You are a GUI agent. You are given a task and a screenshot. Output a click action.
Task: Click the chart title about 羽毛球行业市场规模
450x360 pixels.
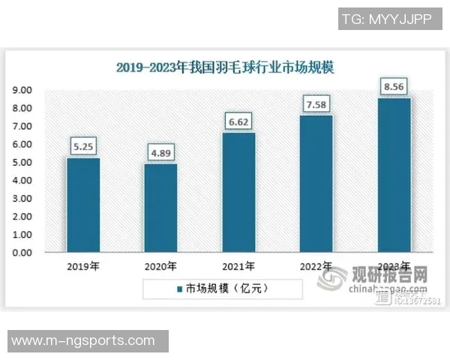225,67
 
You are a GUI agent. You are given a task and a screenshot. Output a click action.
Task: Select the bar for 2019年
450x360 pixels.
83,205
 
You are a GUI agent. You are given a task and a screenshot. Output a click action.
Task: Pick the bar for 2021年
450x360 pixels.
238,193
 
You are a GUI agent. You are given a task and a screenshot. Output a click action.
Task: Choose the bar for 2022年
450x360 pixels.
316,184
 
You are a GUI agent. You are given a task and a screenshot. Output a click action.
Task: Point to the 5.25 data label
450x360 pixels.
83,146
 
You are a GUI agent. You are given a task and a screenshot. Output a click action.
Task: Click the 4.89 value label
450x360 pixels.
160,153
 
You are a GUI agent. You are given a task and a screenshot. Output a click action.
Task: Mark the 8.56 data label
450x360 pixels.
394,87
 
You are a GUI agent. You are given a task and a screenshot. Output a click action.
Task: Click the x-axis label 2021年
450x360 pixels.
238,266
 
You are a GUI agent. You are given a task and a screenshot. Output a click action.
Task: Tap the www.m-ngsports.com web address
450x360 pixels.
83,341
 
